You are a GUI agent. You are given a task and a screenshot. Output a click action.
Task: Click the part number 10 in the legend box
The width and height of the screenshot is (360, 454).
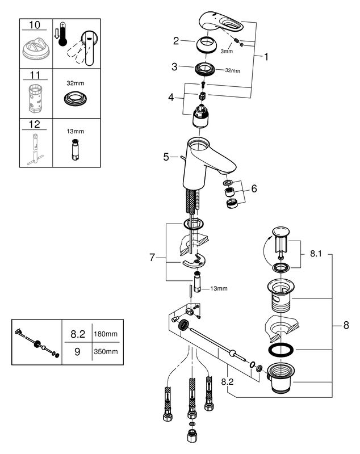coord(35,25)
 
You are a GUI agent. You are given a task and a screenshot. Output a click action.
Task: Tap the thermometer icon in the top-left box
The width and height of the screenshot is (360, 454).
coord(62,34)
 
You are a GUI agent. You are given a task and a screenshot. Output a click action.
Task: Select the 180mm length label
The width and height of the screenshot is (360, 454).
coord(106,334)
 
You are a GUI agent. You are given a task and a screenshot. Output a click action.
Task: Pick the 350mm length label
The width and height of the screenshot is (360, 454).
coord(106,351)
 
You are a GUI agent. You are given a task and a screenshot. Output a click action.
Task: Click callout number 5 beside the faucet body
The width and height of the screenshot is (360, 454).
coord(166,157)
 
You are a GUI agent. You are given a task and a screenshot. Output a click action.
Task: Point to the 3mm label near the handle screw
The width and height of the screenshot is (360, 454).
coord(227,51)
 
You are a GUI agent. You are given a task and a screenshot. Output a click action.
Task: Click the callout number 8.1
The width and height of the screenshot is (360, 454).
coord(316,254)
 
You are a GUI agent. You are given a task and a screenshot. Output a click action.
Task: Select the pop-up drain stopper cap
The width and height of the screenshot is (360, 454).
coord(281,232)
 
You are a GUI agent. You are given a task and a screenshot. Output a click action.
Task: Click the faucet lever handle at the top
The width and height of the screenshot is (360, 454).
coord(221,22)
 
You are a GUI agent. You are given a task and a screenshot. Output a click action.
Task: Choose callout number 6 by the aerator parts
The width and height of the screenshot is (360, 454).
coord(254,188)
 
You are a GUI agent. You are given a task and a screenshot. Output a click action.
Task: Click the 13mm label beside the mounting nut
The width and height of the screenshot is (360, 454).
coord(219,288)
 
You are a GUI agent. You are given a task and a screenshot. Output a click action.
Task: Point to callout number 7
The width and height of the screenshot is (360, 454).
coord(152,257)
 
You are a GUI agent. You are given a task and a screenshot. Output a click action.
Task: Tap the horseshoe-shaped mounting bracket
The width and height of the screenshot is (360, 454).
coord(194,261)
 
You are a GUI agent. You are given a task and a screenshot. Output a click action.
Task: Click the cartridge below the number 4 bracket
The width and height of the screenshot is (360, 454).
coord(199,116)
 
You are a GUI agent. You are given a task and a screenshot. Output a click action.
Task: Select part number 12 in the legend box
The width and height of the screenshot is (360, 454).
coord(35,124)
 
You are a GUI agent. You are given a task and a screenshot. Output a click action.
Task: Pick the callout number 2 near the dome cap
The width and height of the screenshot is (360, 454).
coord(176,41)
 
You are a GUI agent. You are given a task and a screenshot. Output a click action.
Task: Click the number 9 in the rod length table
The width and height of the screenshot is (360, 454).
coord(77,351)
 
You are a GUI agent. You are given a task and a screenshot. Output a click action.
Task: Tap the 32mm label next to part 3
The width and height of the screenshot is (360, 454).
coord(233,70)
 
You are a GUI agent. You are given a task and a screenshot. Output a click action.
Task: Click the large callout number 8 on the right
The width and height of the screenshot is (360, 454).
coord(346,325)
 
